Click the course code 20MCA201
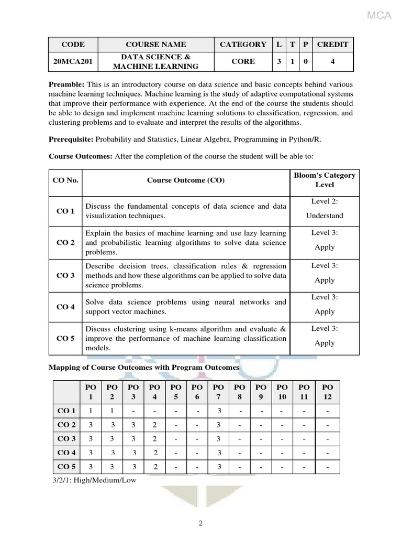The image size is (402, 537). pyautogui.click(x=73, y=61)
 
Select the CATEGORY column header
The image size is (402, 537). pyautogui.click(x=243, y=45)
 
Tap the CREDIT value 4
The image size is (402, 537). pyautogui.click(x=332, y=61)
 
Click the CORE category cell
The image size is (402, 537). pyautogui.click(x=243, y=61)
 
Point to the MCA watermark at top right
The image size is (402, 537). pyautogui.click(x=379, y=16)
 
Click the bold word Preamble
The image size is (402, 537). pyautogui.click(x=67, y=85)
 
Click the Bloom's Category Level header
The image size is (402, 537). pyautogui.click(x=324, y=180)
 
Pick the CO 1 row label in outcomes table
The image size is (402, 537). pyautogui.click(x=65, y=211)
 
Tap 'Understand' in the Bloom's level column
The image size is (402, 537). pyautogui.click(x=325, y=216)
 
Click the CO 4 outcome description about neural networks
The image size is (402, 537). pyautogui.click(x=185, y=307)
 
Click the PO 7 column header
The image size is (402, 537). pyautogui.click(x=219, y=391)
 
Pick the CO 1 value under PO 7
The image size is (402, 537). pyautogui.click(x=219, y=411)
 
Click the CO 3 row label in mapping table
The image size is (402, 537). pyautogui.click(x=66, y=438)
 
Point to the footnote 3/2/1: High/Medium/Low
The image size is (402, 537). pyautogui.click(x=92, y=480)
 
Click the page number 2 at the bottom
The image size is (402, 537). pyautogui.click(x=200, y=522)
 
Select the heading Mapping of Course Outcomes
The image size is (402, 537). pyautogui.click(x=144, y=368)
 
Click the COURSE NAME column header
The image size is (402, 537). pyautogui.click(x=155, y=45)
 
